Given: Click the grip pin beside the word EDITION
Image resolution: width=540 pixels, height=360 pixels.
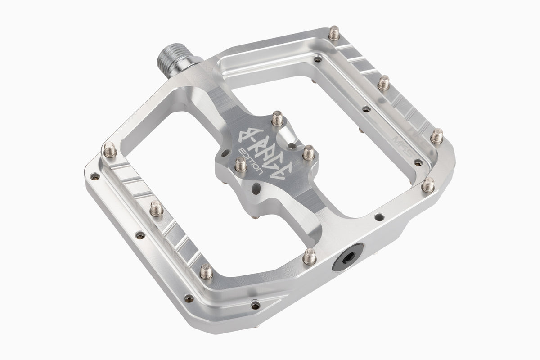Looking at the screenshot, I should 241,165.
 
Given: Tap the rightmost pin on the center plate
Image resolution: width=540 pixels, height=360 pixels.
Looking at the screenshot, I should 308,153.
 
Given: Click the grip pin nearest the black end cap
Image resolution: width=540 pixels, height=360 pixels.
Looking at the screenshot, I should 310,256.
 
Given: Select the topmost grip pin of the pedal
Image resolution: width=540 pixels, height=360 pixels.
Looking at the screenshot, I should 333,33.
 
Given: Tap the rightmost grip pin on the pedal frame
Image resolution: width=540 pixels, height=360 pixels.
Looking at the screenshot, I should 436,135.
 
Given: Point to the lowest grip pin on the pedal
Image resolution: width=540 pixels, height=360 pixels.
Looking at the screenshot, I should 206,271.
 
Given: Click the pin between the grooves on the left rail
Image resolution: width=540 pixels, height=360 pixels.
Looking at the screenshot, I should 156,208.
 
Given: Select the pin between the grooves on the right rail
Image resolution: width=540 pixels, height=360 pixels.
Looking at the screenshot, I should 383,83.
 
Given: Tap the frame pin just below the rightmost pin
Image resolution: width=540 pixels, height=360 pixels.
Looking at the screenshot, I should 428,184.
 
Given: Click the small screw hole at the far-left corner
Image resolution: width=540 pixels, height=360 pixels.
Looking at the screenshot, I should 94,176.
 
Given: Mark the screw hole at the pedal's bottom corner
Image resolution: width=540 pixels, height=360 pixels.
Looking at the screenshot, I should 256,306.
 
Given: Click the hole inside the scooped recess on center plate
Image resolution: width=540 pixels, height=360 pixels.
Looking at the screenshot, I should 293,146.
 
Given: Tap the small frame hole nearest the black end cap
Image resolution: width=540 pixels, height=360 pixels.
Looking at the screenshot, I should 377,217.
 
